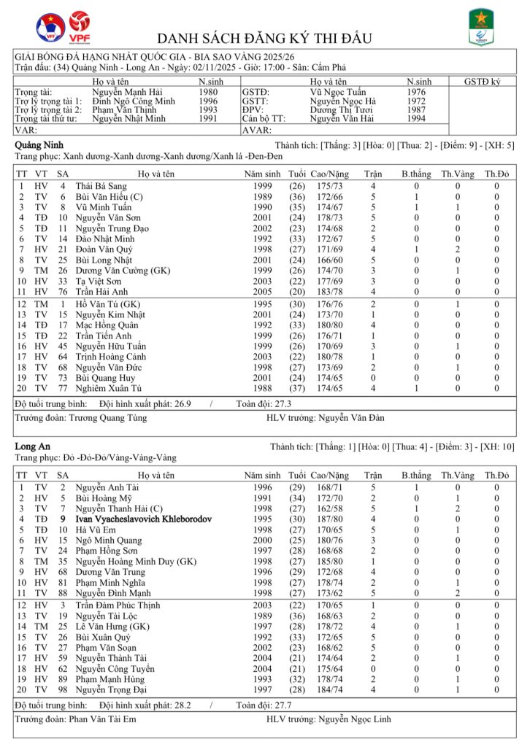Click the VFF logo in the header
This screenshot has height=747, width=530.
click(x=50, y=28)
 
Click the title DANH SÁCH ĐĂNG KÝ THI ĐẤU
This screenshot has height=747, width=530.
click(x=265, y=38)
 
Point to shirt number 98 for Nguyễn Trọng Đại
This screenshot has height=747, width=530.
click(x=63, y=689)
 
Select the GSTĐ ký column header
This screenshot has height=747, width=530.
click(x=482, y=82)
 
